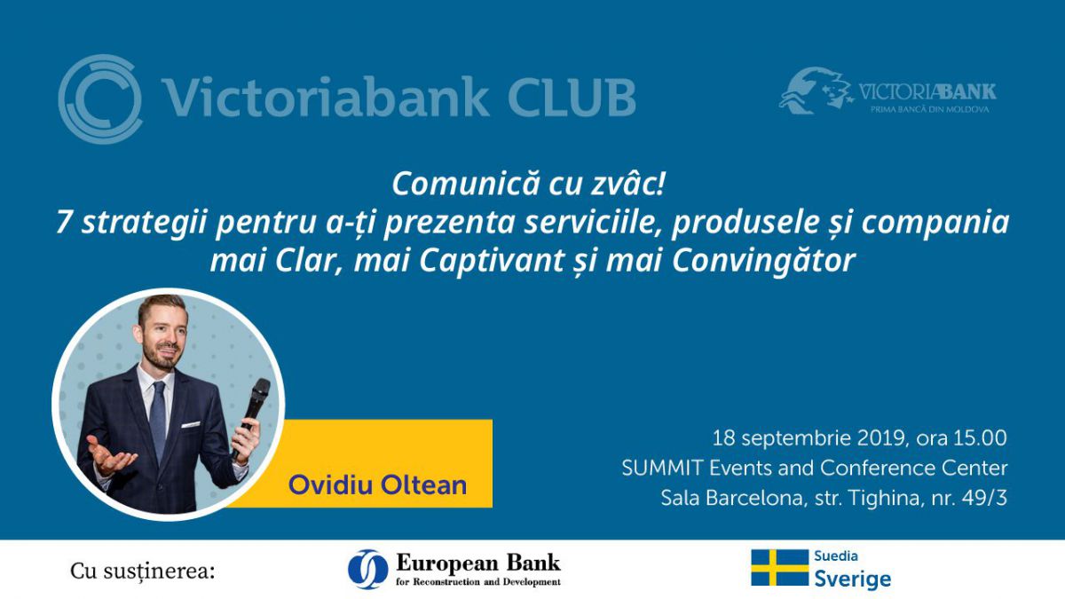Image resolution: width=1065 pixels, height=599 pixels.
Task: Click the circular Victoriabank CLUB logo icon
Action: tap(99, 99)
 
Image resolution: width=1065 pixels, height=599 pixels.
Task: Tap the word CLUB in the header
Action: tap(572, 97)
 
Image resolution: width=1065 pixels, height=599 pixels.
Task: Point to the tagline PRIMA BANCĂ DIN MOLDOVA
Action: tap(929, 109)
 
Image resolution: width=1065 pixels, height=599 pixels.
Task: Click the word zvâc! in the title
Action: tap(627, 184)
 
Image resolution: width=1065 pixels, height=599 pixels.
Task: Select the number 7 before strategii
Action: tap(64, 223)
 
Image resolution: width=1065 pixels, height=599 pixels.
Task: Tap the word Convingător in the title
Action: tap(764, 261)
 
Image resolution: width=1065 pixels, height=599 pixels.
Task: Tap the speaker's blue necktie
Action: tap(158, 421)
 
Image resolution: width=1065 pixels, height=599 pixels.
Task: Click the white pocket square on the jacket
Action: tap(191, 424)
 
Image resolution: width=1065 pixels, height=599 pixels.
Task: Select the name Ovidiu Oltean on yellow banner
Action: tap(377, 485)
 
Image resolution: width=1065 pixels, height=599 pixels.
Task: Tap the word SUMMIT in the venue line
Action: tap(662, 469)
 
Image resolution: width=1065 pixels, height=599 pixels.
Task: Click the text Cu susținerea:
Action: tap(143, 571)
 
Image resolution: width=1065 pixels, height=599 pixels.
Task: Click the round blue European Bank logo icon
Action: tap(367, 570)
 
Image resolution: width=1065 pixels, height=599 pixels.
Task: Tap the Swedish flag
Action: tap(780, 568)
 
